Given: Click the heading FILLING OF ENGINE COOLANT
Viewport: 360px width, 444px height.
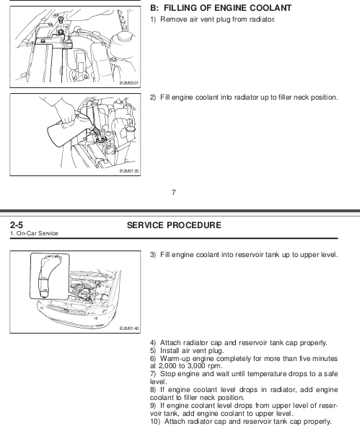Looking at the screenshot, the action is (227, 8).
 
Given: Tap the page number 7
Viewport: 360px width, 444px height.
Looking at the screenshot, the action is (173, 193).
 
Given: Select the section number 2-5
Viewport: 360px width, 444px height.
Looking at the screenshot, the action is (17, 225).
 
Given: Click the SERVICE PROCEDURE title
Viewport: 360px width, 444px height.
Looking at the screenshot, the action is (174, 225).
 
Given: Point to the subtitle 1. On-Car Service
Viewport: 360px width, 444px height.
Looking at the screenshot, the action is (34, 233).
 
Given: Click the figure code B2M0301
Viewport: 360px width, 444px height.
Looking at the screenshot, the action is (129, 83).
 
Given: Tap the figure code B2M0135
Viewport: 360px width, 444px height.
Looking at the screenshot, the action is (129, 171).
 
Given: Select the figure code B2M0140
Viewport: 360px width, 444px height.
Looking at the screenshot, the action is (129, 328).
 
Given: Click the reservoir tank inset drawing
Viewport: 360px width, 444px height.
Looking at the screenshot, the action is (50, 276).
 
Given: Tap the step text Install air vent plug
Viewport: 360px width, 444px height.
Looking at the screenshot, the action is (192, 351).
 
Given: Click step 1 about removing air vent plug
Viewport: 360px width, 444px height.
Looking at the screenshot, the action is (213, 19).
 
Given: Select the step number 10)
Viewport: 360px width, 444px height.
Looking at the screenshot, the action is (155, 422).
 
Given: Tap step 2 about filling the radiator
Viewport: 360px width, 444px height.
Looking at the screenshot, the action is (244, 97).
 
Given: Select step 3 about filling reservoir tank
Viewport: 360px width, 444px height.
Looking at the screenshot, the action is (244, 255).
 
